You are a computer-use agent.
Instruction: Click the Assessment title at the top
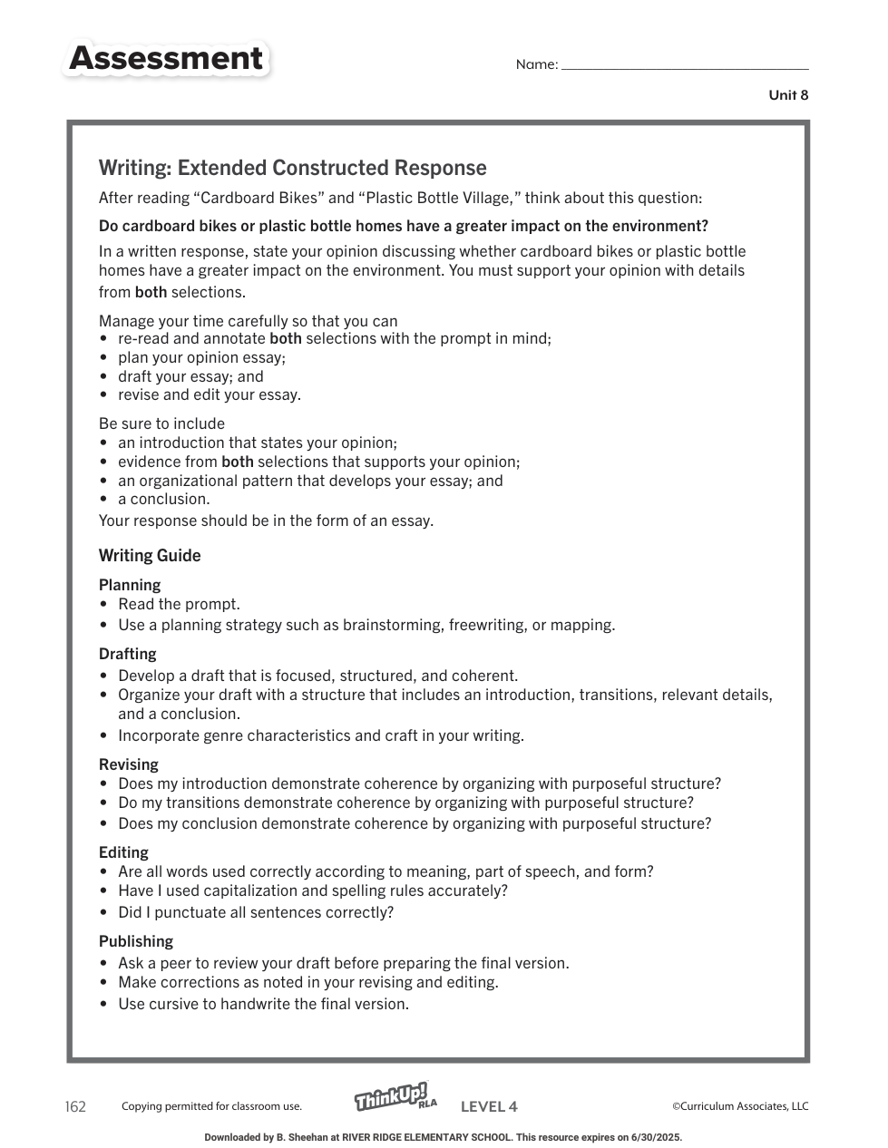pyautogui.click(x=166, y=59)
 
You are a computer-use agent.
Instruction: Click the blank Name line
pyautogui.click(x=685, y=65)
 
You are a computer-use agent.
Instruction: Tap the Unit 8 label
pyautogui.click(x=788, y=95)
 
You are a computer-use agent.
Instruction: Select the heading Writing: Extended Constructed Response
pyautogui.click(x=292, y=168)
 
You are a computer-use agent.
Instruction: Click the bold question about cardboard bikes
pyautogui.click(x=403, y=226)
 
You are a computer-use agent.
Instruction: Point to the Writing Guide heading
pyautogui.click(x=150, y=556)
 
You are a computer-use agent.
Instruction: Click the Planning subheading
pyautogui.click(x=130, y=585)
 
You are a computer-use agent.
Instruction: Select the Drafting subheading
pyautogui.click(x=128, y=654)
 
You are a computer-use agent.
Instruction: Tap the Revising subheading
pyautogui.click(x=129, y=764)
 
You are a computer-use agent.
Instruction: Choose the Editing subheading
pyautogui.click(x=123, y=852)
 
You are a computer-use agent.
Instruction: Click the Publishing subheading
pyautogui.click(x=136, y=941)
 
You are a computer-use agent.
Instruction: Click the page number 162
pyautogui.click(x=75, y=1106)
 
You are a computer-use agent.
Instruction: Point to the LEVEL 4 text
pyautogui.click(x=489, y=1106)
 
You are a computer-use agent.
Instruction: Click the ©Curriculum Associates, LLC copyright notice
pyautogui.click(x=740, y=1106)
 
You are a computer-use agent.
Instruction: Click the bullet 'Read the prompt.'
pyautogui.click(x=179, y=604)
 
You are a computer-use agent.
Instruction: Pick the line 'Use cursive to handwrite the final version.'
pyautogui.click(x=263, y=1004)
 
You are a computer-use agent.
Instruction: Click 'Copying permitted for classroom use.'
pyautogui.click(x=211, y=1106)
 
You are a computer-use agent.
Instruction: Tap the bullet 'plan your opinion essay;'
pyautogui.click(x=201, y=357)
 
